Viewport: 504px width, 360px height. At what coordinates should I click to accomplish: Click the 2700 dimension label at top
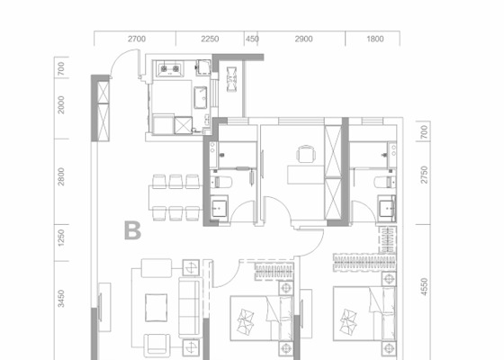tap(137, 39)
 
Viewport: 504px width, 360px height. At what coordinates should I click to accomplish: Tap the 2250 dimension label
tap(210, 39)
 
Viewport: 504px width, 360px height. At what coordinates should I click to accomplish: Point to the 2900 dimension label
tap(304, 39)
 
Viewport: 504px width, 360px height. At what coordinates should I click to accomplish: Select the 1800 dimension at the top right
tap(375, 39)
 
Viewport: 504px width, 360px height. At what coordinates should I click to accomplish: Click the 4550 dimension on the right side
tap(424, 287)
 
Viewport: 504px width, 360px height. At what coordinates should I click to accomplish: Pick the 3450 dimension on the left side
tap(61, 299)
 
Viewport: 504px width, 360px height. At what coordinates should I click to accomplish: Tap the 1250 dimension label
tap(61, 238)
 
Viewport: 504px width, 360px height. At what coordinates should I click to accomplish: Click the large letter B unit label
tap(132, 230)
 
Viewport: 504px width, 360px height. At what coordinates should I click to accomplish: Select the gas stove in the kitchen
tap(170, 68)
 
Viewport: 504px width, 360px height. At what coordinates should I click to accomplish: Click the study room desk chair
tap(306, 154)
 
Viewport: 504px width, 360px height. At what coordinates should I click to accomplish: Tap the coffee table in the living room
tap(156, 308)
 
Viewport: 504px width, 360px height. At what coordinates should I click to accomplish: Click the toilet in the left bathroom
tap(220, 182)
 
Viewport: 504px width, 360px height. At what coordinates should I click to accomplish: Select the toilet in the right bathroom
tap(384, 182)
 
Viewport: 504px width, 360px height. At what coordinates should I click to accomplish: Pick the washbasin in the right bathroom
tap(387, 208)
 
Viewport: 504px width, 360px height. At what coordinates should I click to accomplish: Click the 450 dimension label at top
tap(252, 39)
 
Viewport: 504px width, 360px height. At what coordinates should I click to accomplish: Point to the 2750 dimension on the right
tap(424, 175)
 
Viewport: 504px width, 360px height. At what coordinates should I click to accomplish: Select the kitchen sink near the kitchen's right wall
tap(201, 97)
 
